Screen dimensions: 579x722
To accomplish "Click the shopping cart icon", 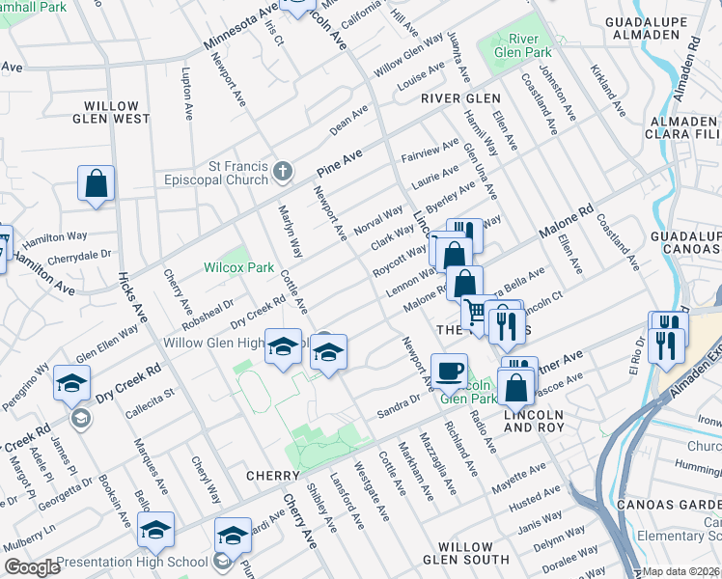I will pyautogui.click(x=475, y=312).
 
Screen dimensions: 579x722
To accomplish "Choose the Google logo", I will pyautogui.click(x=33, y=567).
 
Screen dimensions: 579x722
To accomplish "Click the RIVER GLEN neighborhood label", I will pyautogui.click(x=460, y=98).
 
